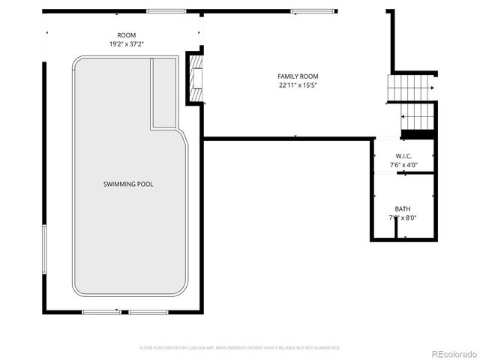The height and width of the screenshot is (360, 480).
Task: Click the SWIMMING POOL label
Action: (129, 184)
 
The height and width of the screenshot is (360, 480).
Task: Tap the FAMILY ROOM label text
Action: (298, 76)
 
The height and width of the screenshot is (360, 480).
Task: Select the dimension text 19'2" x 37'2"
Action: (127, 44)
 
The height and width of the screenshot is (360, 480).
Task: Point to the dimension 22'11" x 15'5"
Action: (298, 85)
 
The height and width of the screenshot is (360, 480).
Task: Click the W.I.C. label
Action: (403, 156)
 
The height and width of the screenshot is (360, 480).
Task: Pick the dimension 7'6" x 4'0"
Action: (403, 164)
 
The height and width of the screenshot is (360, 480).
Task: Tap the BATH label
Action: (403, 209)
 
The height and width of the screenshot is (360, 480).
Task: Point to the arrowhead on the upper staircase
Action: (433, 88)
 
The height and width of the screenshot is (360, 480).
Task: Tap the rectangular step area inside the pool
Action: (163, 94)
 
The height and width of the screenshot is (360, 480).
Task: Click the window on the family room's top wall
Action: (304, 11)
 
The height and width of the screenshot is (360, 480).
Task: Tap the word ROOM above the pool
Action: (127, 36)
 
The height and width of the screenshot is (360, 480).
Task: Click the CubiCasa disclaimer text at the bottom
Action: (240, 348)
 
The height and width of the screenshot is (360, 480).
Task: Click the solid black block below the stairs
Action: (418, 135)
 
